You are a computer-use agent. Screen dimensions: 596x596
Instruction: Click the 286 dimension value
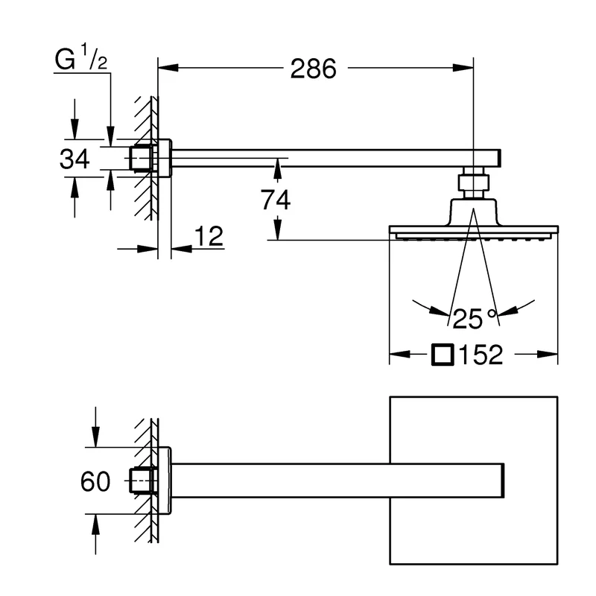click(314, 69)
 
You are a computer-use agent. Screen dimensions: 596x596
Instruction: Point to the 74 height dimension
click(276, 199)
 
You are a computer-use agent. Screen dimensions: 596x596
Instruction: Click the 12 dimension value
click(208, 237)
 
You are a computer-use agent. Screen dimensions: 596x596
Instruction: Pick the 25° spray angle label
click(475, 318)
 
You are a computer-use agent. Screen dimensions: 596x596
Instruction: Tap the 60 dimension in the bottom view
click(95, 482)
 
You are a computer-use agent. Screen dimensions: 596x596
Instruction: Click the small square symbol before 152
click(443, 355)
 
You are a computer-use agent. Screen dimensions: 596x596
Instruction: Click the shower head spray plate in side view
click(474, 233)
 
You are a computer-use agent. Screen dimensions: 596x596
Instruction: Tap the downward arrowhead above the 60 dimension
click(95, 440)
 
